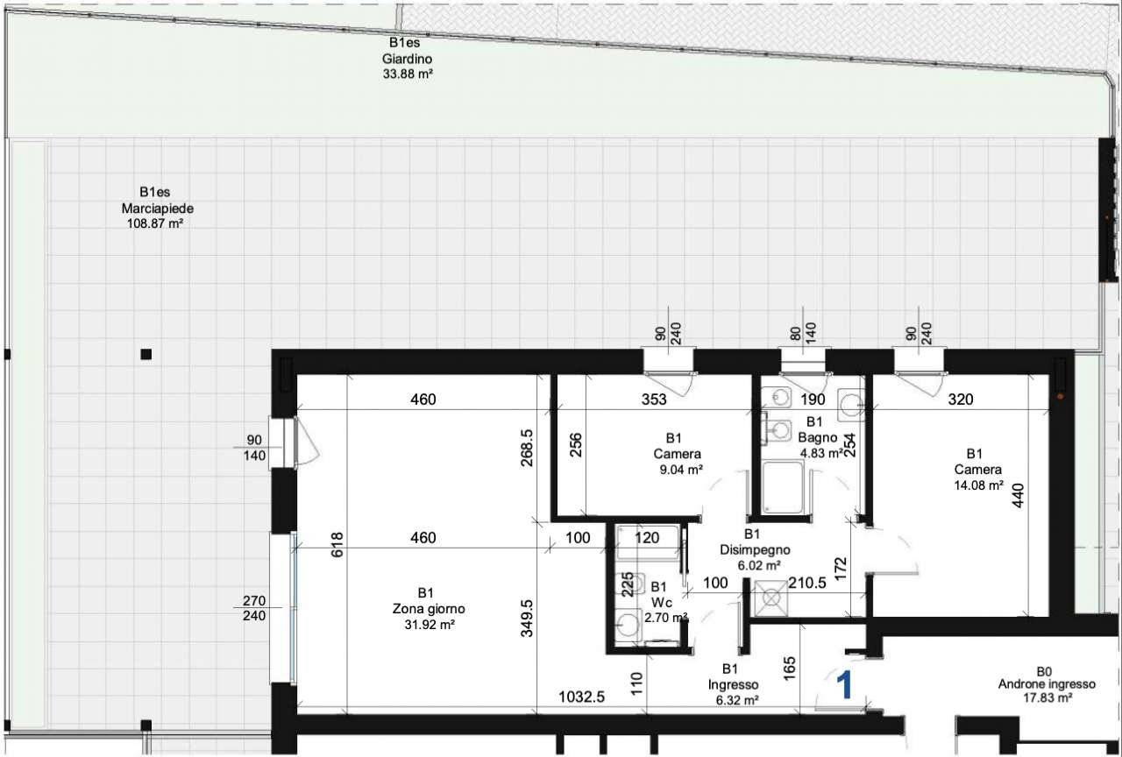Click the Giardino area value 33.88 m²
click(x=408, y=74)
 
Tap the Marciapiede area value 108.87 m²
click(x=154, y=223)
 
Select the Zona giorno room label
click(x=429, y=609)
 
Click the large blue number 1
click(x=844, y=685)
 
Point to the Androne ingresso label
click(x=1047, y=684)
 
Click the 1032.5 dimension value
click(x=581, y=697)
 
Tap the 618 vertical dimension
click(x=337, y=544)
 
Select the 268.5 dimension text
click(x=527, y=448)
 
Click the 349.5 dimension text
click(x=527, y=619)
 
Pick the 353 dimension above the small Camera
click(x=654, y=399)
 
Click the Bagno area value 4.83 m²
click(x=821, y=454)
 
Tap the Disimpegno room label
click(x=755, y=549)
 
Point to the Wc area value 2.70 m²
click(x=665, y=618)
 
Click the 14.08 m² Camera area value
click(x=978, y=485)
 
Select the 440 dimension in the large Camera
click(x=1019, y=495)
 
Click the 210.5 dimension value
click(x=807, y=583)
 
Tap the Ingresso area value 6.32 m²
click(x=737, y=700)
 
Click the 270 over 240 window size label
click(x=254, y=608)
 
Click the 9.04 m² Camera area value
click(x=681, y=470)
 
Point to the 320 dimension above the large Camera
click(x=961, y=399)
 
